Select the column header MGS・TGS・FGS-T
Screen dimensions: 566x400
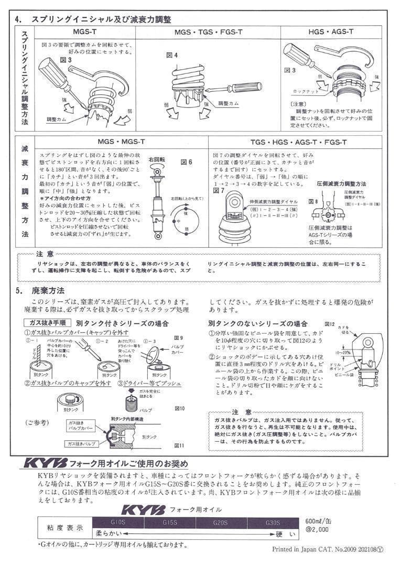pyautogui.click(x=208, y=32)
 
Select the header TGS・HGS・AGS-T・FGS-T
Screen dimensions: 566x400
pyautogui.click(x=298, y=142)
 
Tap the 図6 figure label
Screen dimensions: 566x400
pyautogui.click(x=186, y=162)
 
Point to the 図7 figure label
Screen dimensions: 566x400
pyautogui.click(x=219, y=190)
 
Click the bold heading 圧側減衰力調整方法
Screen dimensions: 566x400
pyautogui.click(x=341, y=184)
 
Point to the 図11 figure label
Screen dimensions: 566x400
pyautogui.click(x=180, y=445)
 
